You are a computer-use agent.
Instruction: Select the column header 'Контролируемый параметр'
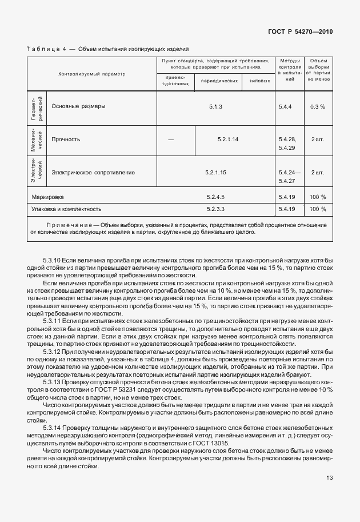pyautogui.click(x=92, y=74)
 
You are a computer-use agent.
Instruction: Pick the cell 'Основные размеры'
pyautogui.click(x=78, y=106)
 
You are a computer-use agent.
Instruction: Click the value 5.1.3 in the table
pyautogui.click(x=215, y=106)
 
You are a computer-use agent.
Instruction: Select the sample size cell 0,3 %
pyautogui.click(x=317, y=106)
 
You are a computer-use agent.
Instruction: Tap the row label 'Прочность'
pyautogui.click(x=66, y=140)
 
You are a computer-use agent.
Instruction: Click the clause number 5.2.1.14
pyautogui.click(x=228, y=140)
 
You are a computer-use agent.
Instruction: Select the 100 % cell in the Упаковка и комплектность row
pyautogui.click(x=317, y=209)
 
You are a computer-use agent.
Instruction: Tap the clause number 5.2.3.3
pyautogui.click(x=215, y=209)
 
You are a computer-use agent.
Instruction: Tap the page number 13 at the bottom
pyautogui.click(x=329, y=478)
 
